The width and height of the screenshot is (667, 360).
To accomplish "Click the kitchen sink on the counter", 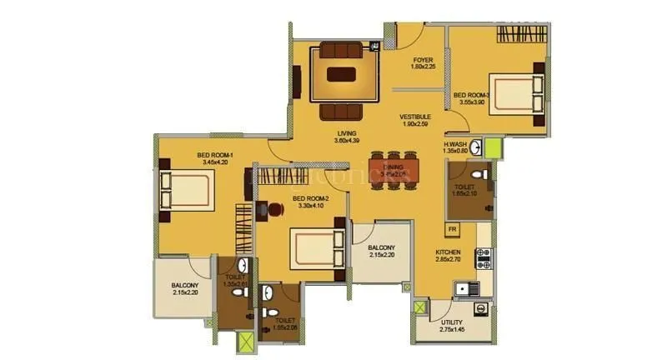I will [464, 288].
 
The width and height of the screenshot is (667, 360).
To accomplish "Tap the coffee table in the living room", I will [340, 73].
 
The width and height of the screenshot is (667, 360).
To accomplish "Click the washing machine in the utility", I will [482, 307].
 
